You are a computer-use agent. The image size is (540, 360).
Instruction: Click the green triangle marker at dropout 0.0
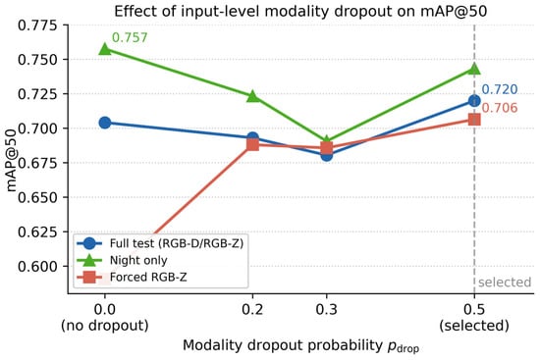[105, 50]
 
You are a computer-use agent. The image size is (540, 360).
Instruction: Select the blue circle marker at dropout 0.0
[105, 123]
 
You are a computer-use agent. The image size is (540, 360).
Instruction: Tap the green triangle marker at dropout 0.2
[252, 96]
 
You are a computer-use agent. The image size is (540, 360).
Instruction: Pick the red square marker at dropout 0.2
[252, 144]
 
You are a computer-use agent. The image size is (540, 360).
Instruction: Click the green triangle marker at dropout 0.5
[474, 69]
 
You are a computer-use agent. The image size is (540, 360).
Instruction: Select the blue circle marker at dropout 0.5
[474, 101]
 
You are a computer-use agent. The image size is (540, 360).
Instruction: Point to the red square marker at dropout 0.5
[474, 120]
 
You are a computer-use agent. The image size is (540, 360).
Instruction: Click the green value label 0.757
[130, 37]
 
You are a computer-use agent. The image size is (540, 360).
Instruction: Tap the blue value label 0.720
[500, 89]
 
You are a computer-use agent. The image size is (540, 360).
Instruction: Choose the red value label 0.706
[500, 108]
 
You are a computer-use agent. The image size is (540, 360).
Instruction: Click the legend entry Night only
[138, 260]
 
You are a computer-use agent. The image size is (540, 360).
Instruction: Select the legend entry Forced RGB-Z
[148, 277]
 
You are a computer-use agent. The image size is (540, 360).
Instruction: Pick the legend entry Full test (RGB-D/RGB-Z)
[177, 243]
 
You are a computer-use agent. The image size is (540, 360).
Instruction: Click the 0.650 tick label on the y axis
[38, 197]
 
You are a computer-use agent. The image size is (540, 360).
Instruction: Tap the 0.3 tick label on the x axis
[327, 310]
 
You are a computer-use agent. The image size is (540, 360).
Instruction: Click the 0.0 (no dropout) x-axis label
[105, 317]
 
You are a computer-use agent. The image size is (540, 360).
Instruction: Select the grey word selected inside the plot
[505, 283]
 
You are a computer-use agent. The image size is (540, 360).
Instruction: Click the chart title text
[300, 12]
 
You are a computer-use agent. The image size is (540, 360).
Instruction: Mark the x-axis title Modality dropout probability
[283, 345]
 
